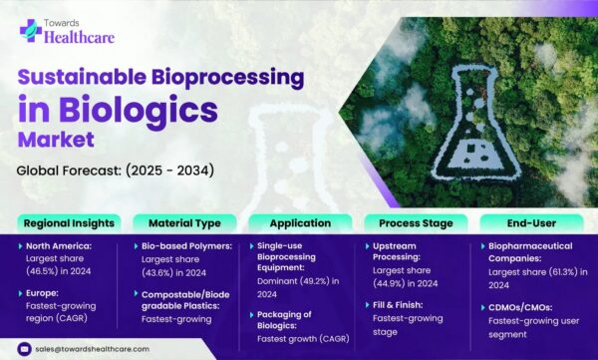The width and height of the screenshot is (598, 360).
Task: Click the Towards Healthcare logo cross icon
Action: [x=30, y=29]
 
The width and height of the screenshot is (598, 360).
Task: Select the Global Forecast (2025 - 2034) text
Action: [x=115, y=171]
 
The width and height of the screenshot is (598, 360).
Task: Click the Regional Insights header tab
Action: [x=68, y=222]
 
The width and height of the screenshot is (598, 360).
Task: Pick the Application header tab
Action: [x=298, y=222]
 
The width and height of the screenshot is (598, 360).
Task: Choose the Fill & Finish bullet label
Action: [x=404, y=304]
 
